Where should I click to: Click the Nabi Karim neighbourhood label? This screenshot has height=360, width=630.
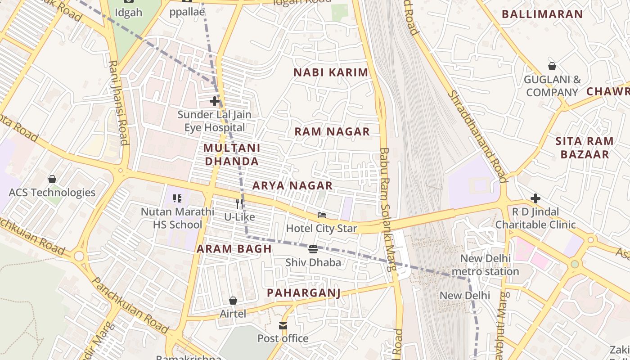tap(331, 72)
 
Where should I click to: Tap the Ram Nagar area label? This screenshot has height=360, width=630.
tap(332, 131)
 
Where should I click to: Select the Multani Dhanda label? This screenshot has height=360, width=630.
tap(232, 154)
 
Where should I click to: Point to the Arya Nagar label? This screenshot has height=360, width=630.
tap(292, 185)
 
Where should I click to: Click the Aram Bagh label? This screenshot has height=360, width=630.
tap(234, 249)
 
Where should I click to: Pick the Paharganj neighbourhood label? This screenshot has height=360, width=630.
tap(304, 293)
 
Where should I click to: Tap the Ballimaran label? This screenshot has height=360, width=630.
tap(542, 14)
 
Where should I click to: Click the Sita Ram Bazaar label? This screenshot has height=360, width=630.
tap(585, 148)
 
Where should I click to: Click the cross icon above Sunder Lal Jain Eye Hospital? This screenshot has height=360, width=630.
tap(215, 101)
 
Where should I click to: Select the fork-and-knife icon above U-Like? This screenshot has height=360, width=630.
tap(239, 204)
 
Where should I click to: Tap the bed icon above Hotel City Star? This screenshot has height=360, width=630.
tap(321, 215)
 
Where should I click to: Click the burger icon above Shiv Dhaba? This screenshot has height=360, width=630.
tap(313, 249)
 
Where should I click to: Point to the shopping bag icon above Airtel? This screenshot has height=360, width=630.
tap(233, 301)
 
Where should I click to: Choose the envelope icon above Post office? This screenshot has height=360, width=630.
tap(283, 325)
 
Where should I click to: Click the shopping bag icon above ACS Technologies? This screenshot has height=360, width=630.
tap(52, 179)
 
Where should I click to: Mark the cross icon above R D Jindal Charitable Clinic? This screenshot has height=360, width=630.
tap(535, 198)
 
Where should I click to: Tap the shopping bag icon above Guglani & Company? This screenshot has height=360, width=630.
tap(552, 67)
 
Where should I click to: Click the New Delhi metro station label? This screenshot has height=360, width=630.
tap(485, 265)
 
